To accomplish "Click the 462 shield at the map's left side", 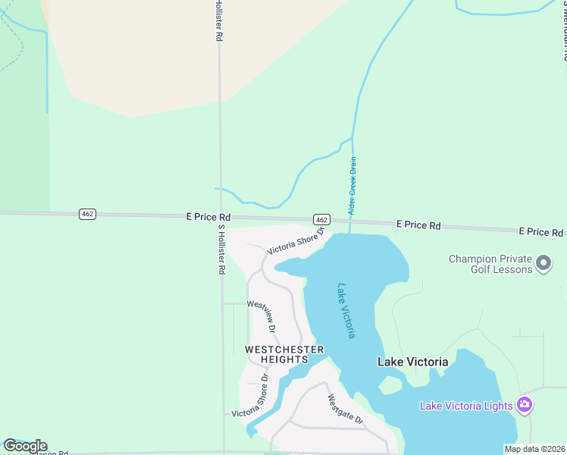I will point(87,215).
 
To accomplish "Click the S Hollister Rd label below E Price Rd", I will point(222,249).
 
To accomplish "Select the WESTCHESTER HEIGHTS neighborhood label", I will point(284,354).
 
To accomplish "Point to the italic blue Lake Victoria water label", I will point(346,311).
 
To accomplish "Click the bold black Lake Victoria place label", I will point(412,362).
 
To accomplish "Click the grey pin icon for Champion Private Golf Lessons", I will point(543,264).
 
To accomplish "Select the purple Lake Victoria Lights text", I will point(466,406).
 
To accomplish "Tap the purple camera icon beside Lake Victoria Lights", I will point(525,404).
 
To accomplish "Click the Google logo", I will point(25,446).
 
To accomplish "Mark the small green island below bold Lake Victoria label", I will point(390,385).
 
